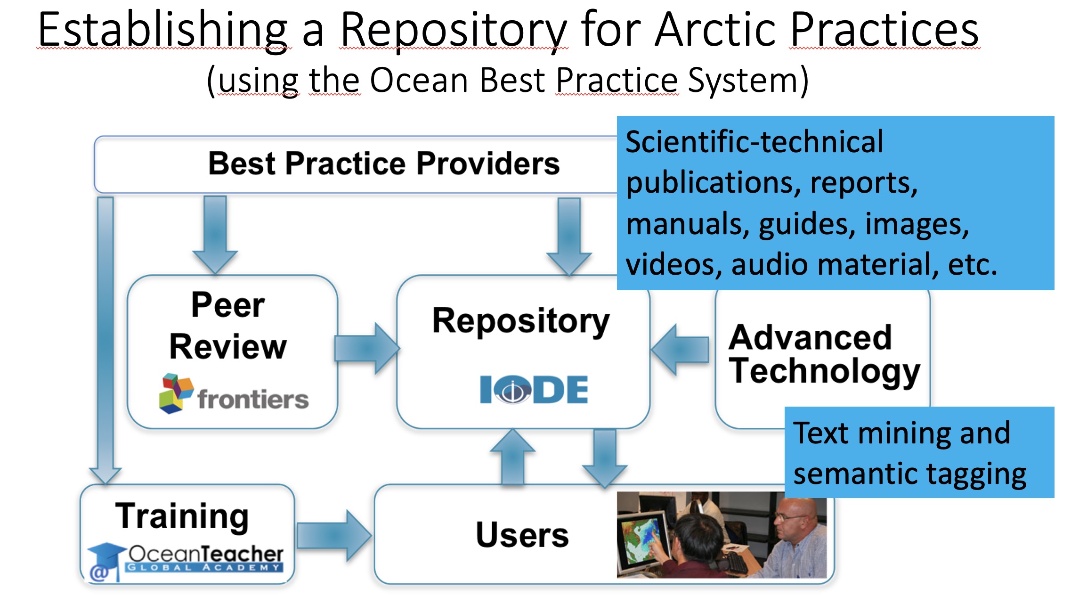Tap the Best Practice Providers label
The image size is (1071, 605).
[x=384, y=164]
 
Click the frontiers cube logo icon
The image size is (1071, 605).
[x=176, y=393]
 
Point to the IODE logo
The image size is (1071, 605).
[x=534, y=389]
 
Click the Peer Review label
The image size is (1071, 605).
[x=228, y=326]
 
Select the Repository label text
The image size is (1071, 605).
[x=521, y=321]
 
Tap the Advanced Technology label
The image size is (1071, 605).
[x=824, y=355]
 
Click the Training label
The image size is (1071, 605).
[x=182, y=516]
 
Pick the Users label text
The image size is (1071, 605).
[x=522, y=535]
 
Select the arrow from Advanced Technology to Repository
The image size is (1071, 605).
[x=680, y=350]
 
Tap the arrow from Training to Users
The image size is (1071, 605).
[x=334, y=536]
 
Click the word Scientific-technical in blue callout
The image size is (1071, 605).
[x=755, y=141]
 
